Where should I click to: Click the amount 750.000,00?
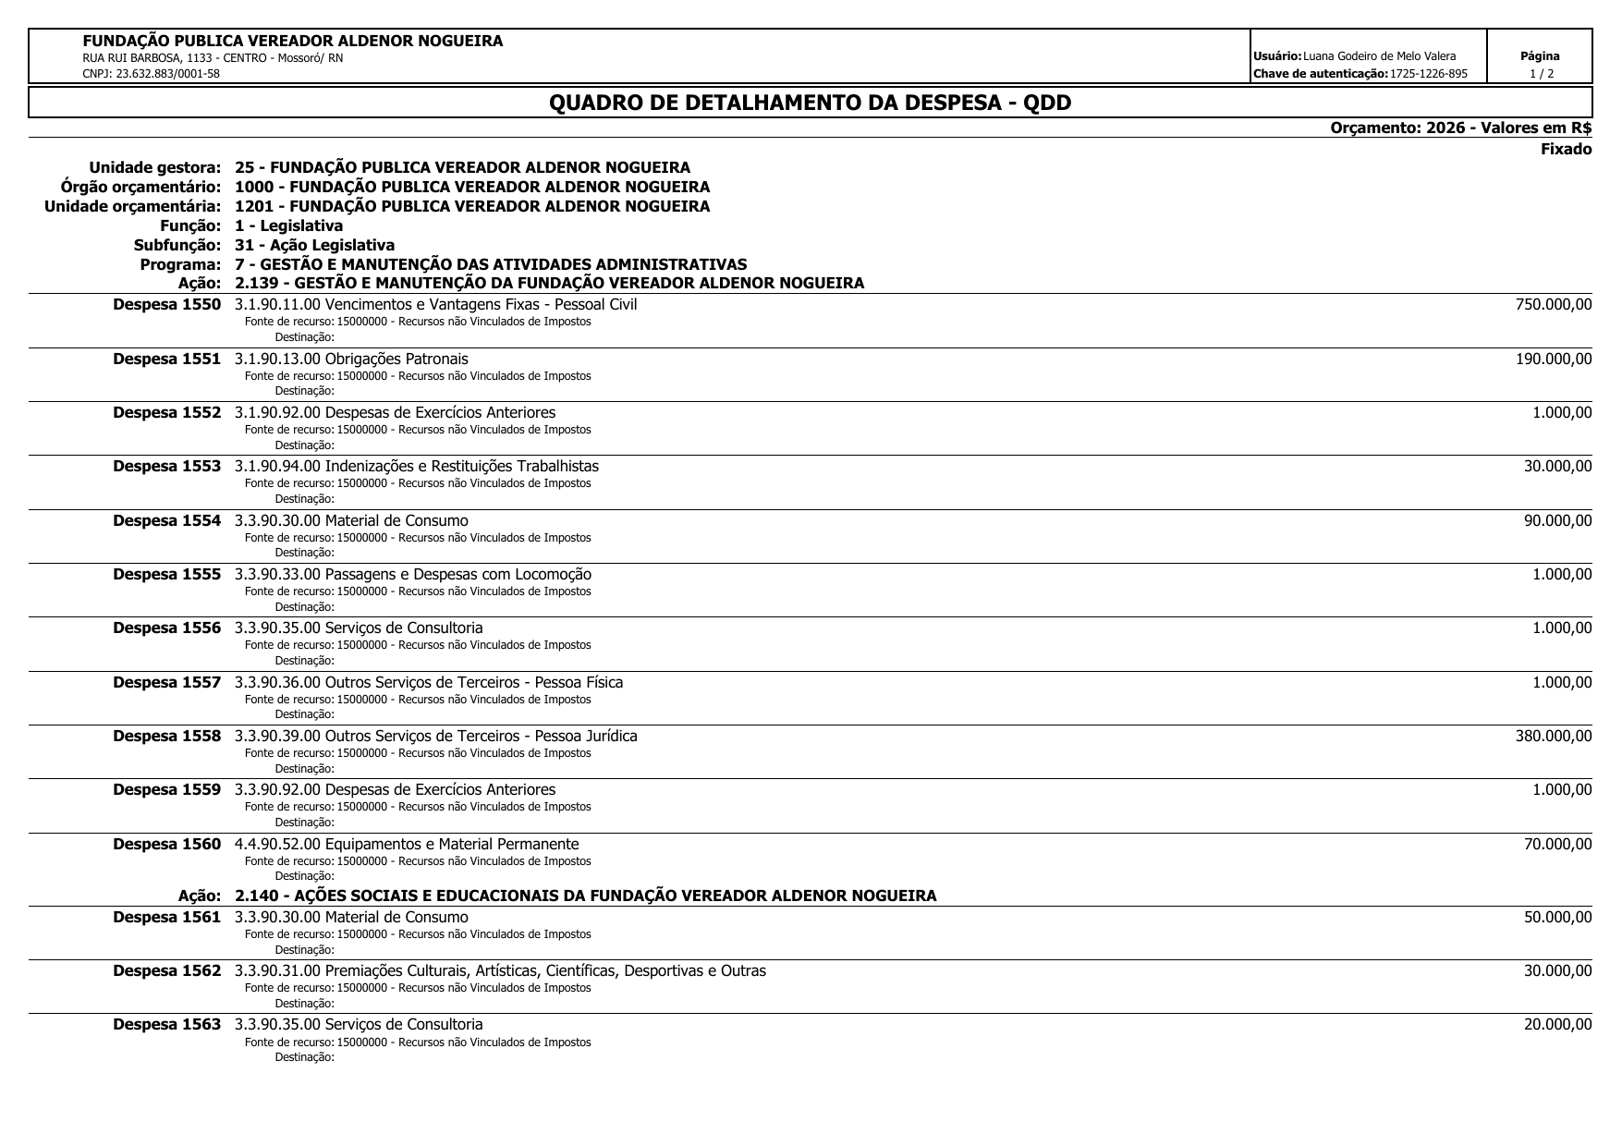[1554, 305]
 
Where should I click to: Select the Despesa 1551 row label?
[166, 359]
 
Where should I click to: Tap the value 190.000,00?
[1554, 359]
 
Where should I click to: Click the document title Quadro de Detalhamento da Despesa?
[810, 103]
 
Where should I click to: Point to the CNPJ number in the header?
[152, 74]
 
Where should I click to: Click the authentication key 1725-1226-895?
[1428, 74]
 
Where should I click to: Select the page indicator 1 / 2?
[1541, 74]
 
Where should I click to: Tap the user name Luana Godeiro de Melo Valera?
[1379, 57]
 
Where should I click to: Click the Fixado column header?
[1566, 150]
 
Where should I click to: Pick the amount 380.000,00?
[1554, 737]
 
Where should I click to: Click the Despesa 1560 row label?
[166, 844]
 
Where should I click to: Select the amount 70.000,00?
[1557, 844]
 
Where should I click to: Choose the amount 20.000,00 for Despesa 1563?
[1557, 1024]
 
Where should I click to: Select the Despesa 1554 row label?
[166, 520]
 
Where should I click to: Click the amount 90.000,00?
[1557, 520]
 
